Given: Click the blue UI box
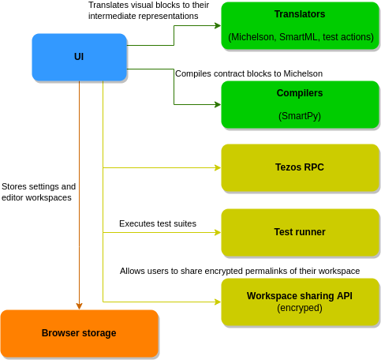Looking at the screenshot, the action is tap(79, 57).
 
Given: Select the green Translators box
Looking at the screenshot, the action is tap(300, 25).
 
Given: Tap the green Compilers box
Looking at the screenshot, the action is tap(300, 104).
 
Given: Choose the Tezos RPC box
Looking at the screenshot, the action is tap(300, 167).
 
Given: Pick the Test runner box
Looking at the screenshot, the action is tap(300, 232).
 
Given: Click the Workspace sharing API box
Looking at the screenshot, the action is tap(300, 302).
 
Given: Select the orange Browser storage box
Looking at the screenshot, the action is tap(79, 333).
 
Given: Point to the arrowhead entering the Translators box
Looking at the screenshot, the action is tap(218, 25).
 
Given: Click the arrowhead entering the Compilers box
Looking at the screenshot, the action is tap(218, 104).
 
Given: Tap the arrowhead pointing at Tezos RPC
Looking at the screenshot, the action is tap(218, 167).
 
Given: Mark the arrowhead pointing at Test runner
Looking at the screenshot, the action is tap(218, 232).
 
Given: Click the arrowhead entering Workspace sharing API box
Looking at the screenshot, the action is tap(218, 302).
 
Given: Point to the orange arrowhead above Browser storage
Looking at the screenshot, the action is tap(79, 306).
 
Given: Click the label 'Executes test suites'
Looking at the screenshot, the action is tap(158, 223).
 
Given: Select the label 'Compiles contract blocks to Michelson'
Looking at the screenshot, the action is tap(248, 73).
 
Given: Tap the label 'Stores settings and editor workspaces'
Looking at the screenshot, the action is tap(39, 192).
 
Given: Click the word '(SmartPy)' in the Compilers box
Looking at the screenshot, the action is tap(300, 116).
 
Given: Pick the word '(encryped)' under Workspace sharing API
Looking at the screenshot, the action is tap(300, 308).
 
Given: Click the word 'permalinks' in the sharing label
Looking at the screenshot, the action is tap(265, 271).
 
